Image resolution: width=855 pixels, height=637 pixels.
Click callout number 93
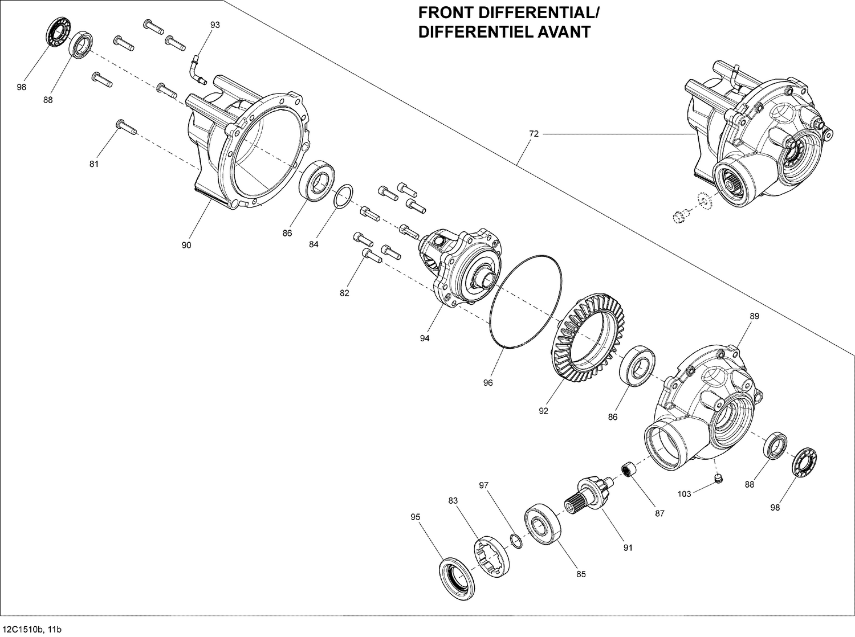click(215, 25)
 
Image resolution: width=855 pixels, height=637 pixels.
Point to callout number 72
click(534, 134)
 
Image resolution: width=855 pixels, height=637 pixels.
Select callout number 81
click(94, 164)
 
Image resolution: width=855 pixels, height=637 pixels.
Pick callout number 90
click(186, 245)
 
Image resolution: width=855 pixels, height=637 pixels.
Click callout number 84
click(313, 244)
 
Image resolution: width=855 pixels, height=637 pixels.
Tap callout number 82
click(344, 293)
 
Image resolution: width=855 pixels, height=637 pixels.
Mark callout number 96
click(488, 383)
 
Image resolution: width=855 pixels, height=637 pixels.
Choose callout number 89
click(754, 316)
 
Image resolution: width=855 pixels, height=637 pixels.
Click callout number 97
click(484, 485)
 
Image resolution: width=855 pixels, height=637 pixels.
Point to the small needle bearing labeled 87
click(628, 471)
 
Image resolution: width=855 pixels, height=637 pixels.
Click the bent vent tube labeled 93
click(197, 68)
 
